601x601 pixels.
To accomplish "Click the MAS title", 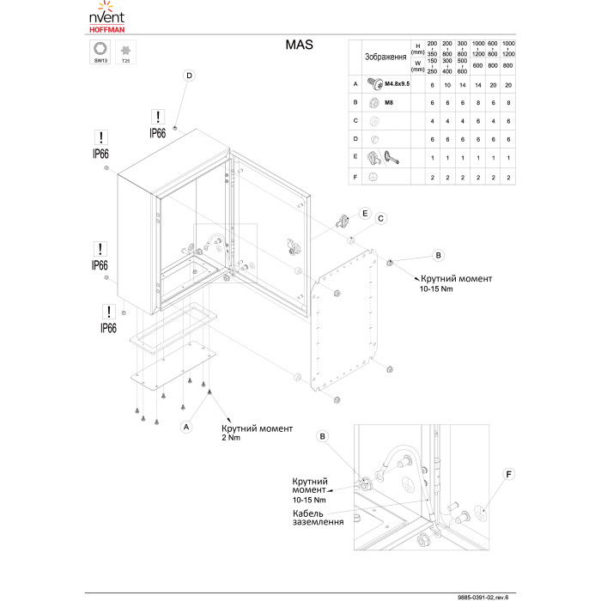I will [299, 45].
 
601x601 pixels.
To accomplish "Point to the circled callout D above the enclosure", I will [188, 76].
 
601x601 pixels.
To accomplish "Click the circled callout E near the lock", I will [365, 213].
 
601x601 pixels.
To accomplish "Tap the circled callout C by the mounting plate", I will [381, 218].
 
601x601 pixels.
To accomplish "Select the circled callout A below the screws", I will [186, 425].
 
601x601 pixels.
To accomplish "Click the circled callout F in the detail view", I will [509, 473].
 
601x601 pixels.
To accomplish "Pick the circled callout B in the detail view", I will [323, 436].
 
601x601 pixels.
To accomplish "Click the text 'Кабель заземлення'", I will [319, 517].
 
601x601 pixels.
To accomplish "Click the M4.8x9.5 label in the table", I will [397, 85].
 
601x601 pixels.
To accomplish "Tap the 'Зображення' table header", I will [385, 57].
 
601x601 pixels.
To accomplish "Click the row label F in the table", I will [355, 177].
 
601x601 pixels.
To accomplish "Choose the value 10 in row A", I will [452, 85].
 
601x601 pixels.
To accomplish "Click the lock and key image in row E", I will [383, 157].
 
